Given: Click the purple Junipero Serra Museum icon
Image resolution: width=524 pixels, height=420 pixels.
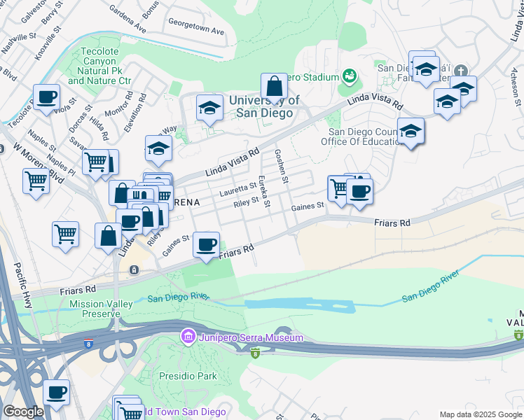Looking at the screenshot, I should coord(188,338).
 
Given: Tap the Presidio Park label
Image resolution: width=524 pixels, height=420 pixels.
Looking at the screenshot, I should coord(188,376).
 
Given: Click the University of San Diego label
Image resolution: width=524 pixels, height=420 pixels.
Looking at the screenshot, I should coord(264,106).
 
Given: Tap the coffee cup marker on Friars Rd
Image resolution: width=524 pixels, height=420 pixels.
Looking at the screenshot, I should coord(206,245).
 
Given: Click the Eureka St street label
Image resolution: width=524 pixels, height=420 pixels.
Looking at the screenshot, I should coord(263,191).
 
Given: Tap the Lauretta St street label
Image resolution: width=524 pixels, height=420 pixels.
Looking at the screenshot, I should coord(237,188).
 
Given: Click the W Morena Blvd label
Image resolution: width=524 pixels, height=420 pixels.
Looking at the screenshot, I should coord(39,163).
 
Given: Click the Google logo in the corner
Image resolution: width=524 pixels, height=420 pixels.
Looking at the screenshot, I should coord(23,412).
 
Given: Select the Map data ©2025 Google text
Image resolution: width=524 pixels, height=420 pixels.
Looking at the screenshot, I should coord(481,414).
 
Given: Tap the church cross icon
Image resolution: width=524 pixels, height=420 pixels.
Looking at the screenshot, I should coord(460,71).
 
